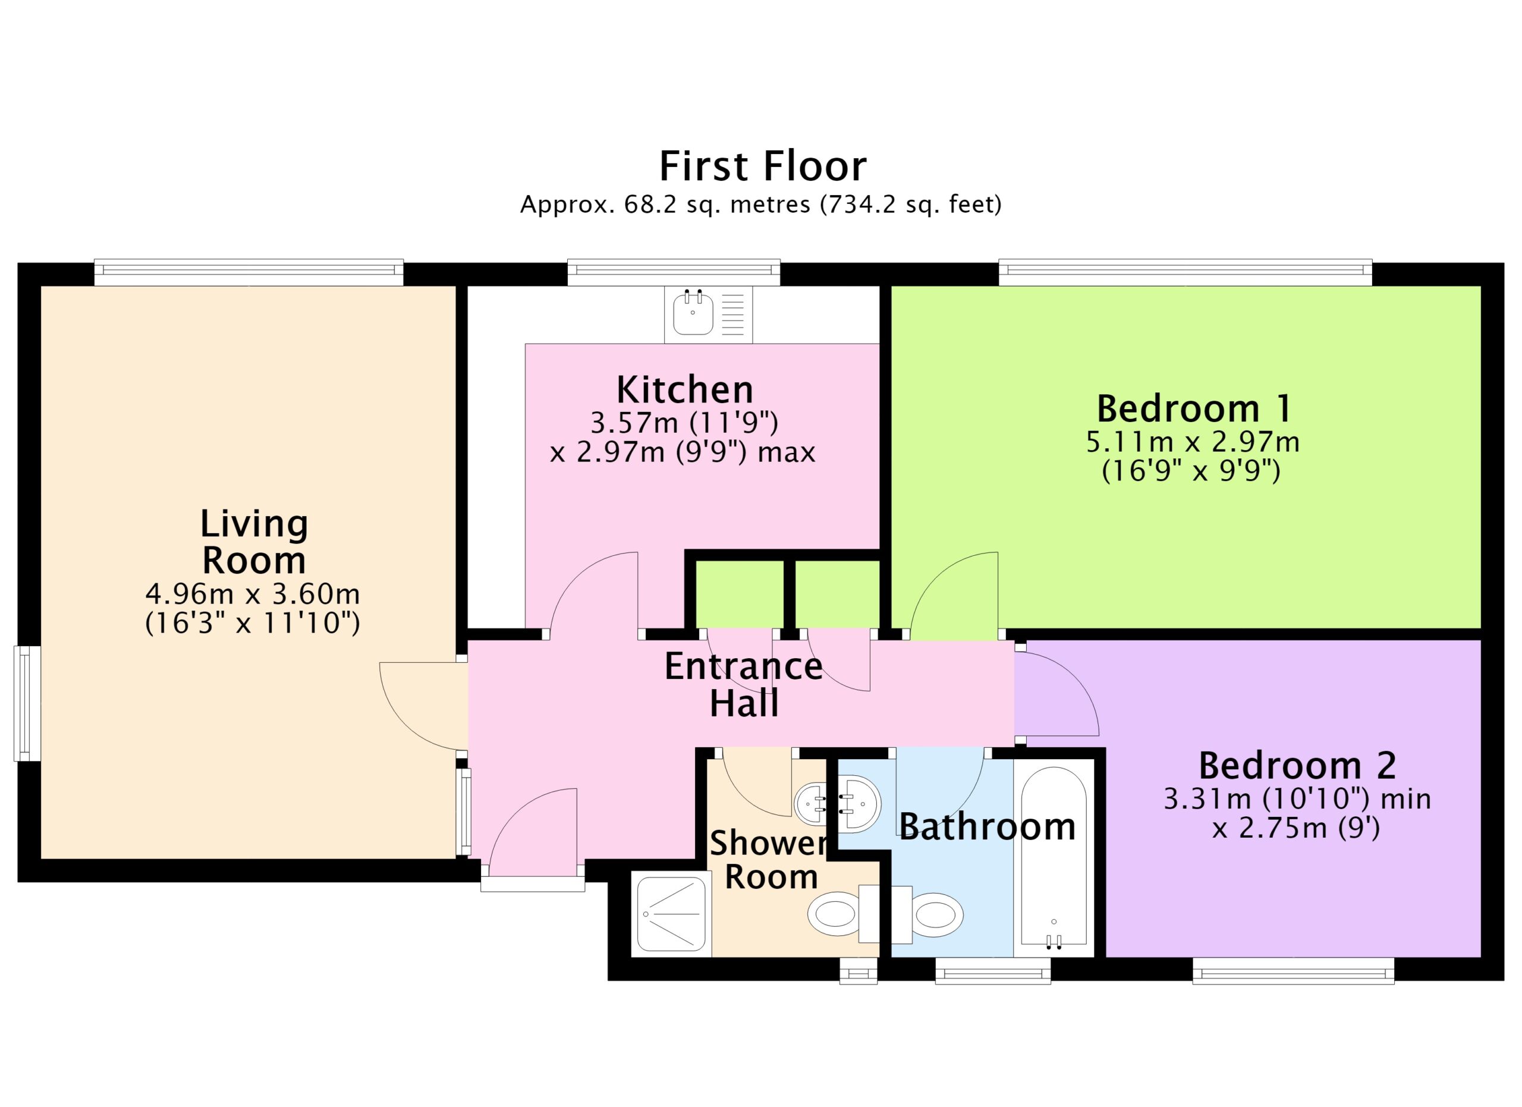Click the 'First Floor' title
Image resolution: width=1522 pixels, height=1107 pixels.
tap(763, 166)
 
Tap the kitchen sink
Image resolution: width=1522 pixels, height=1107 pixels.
tap(709, 314)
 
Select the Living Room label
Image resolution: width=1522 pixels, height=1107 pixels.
tap(254, 542)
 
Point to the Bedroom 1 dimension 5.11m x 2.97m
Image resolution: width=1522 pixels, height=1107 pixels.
tap(1193, 442)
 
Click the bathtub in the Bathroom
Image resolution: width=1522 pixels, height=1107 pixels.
tap(1053, 862)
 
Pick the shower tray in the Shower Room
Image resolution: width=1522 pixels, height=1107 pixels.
tap(671, 914)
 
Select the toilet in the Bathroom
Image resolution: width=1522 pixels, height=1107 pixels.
tap(927, 914)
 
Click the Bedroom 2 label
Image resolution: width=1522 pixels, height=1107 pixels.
tap(1297, 766)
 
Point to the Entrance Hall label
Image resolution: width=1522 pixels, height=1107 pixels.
tap(744, 685)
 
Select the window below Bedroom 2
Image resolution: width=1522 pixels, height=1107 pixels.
tap(1293, 970)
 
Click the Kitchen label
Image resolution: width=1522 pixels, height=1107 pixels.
tap(684, 390)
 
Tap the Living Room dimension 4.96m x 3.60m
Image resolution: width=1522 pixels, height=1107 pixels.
tap(253, 594)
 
